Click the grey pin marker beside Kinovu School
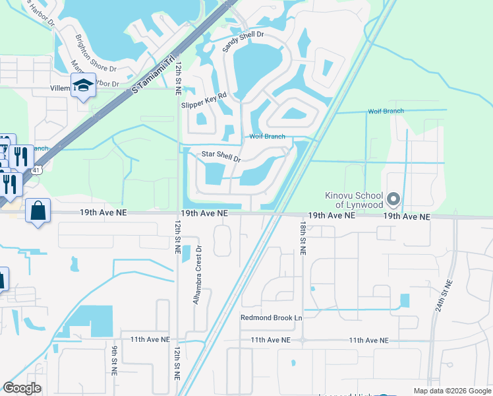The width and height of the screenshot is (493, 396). (393, 199)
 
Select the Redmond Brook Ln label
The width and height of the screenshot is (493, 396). (271, 317)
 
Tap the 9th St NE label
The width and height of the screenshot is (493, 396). (114, 362)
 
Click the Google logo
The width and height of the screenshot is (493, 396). (22, 388)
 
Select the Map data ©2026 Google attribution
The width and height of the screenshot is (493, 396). (451, 390)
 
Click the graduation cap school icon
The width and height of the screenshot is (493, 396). (84, 86)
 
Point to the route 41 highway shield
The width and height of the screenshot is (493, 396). (36, 170)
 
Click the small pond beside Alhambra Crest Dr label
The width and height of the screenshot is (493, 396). (185, 253)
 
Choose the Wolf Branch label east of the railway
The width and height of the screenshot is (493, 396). (386, 112)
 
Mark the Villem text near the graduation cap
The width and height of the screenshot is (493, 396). (60, 88)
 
